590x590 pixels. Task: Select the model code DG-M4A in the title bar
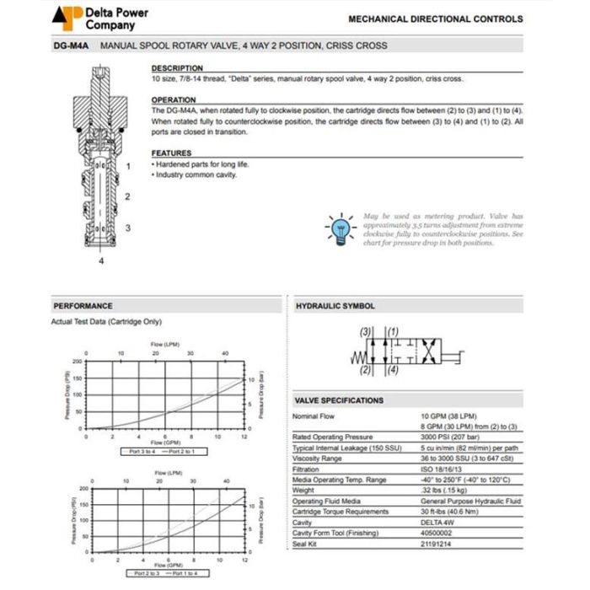72,46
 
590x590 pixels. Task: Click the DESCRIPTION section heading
177,68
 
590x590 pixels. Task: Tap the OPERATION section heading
174,99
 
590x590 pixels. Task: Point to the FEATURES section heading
172,153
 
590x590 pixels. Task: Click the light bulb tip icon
341,228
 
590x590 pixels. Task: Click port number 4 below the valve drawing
101,261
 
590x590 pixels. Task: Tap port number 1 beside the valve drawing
128,166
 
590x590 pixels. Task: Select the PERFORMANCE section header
83,306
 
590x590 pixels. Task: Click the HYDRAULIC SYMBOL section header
335,306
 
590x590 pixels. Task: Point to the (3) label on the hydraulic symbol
365,331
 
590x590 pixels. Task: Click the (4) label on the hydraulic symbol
393,370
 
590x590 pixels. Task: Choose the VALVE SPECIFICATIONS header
338,400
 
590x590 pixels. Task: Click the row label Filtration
306,468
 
